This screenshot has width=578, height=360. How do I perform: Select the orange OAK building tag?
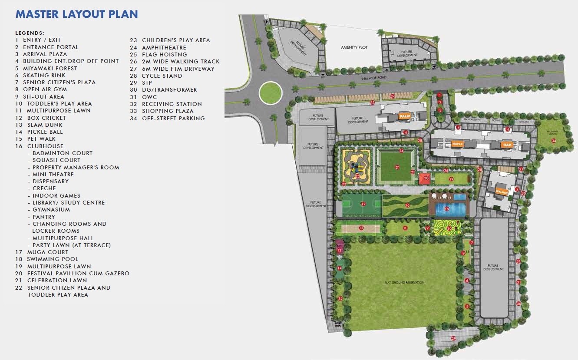(x=507, y=144)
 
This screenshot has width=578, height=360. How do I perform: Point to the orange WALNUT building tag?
(x=502, y=192)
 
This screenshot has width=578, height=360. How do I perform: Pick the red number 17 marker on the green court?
(x=363, y=204)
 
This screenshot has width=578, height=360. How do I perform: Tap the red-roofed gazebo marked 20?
(x=426, y=178)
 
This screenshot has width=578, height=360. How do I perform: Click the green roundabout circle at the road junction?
(x=271, y=92)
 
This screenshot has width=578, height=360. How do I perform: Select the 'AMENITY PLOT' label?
(x=354, y=47)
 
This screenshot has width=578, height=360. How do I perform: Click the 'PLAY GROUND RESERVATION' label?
(x=404, y=283)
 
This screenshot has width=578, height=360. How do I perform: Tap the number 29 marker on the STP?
(x=453, y=338)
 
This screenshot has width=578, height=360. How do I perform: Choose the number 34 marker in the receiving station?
(x=553, y=141)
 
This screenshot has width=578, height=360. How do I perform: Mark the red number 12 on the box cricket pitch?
(x=361, y=228)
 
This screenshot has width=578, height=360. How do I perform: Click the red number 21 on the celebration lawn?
(x=397, y=167)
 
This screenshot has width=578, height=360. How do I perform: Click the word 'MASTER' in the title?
(x=37, y=14)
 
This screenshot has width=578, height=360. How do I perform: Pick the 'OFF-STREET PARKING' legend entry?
(x=173, y=118)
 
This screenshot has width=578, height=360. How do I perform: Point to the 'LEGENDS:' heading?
(x=30, y=33)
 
